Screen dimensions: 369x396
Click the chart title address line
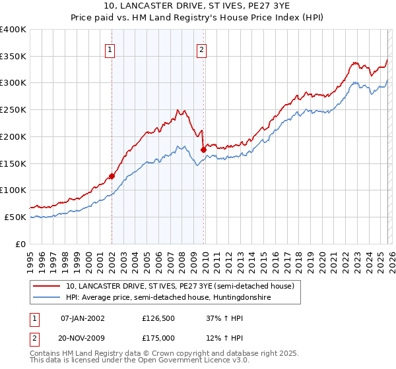click(x=197, y=7)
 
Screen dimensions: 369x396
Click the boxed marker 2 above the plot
click(x=201, y=48)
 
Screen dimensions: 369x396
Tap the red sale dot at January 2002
click(x=112, y=176)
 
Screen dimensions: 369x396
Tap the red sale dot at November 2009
click(x=203, y=150)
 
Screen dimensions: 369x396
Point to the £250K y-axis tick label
click(x=13, y=109)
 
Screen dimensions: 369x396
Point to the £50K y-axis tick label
click(x=15, y=217)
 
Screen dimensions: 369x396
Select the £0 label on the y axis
click(x=21, y=244)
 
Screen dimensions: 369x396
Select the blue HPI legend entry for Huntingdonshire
click(x=177, y=298)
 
